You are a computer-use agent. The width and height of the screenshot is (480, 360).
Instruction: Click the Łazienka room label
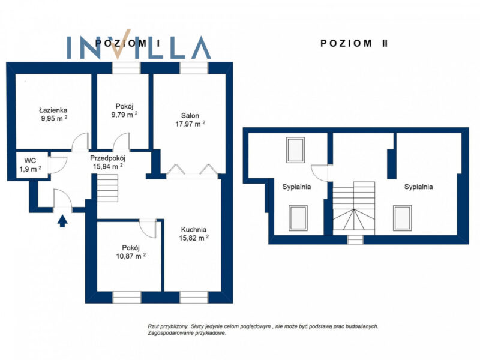(x=53, y=110)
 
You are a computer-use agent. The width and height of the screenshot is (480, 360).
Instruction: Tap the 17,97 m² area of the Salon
(x=190, y=124)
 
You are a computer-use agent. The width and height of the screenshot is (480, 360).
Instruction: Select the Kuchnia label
(x=194, y=229)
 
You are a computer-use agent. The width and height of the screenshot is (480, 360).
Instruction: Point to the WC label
(x=31, y=161)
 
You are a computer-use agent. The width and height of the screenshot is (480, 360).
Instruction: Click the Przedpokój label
(x=108, y=158)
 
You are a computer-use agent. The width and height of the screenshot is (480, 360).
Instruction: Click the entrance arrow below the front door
(x=63, y=221)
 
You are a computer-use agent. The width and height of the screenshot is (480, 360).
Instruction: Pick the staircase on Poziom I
(x=108, y=188)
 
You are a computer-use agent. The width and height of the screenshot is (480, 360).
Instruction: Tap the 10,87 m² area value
(x=131, y=256)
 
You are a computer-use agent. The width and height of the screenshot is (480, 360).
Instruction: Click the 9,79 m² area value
(x=124, y=115)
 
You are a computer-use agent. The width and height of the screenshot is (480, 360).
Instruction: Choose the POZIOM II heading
(x=354, y=43)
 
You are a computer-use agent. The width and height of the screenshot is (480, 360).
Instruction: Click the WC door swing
(x=58, y=166)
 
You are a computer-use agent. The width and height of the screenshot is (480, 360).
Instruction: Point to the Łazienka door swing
(x=80, y=142)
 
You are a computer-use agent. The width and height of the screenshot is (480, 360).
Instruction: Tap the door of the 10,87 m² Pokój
(x=148, y=229)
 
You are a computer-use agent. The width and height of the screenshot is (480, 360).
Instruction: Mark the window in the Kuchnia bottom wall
(x=194, y=297)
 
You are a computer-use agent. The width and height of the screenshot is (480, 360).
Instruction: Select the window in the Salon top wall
(x=194, y=68)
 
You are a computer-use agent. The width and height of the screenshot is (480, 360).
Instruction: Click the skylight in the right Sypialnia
(x=402, y=218)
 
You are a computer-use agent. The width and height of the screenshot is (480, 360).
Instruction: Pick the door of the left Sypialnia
(x=320, y=173)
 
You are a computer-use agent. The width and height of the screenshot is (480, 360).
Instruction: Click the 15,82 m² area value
(x=194, y=238)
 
